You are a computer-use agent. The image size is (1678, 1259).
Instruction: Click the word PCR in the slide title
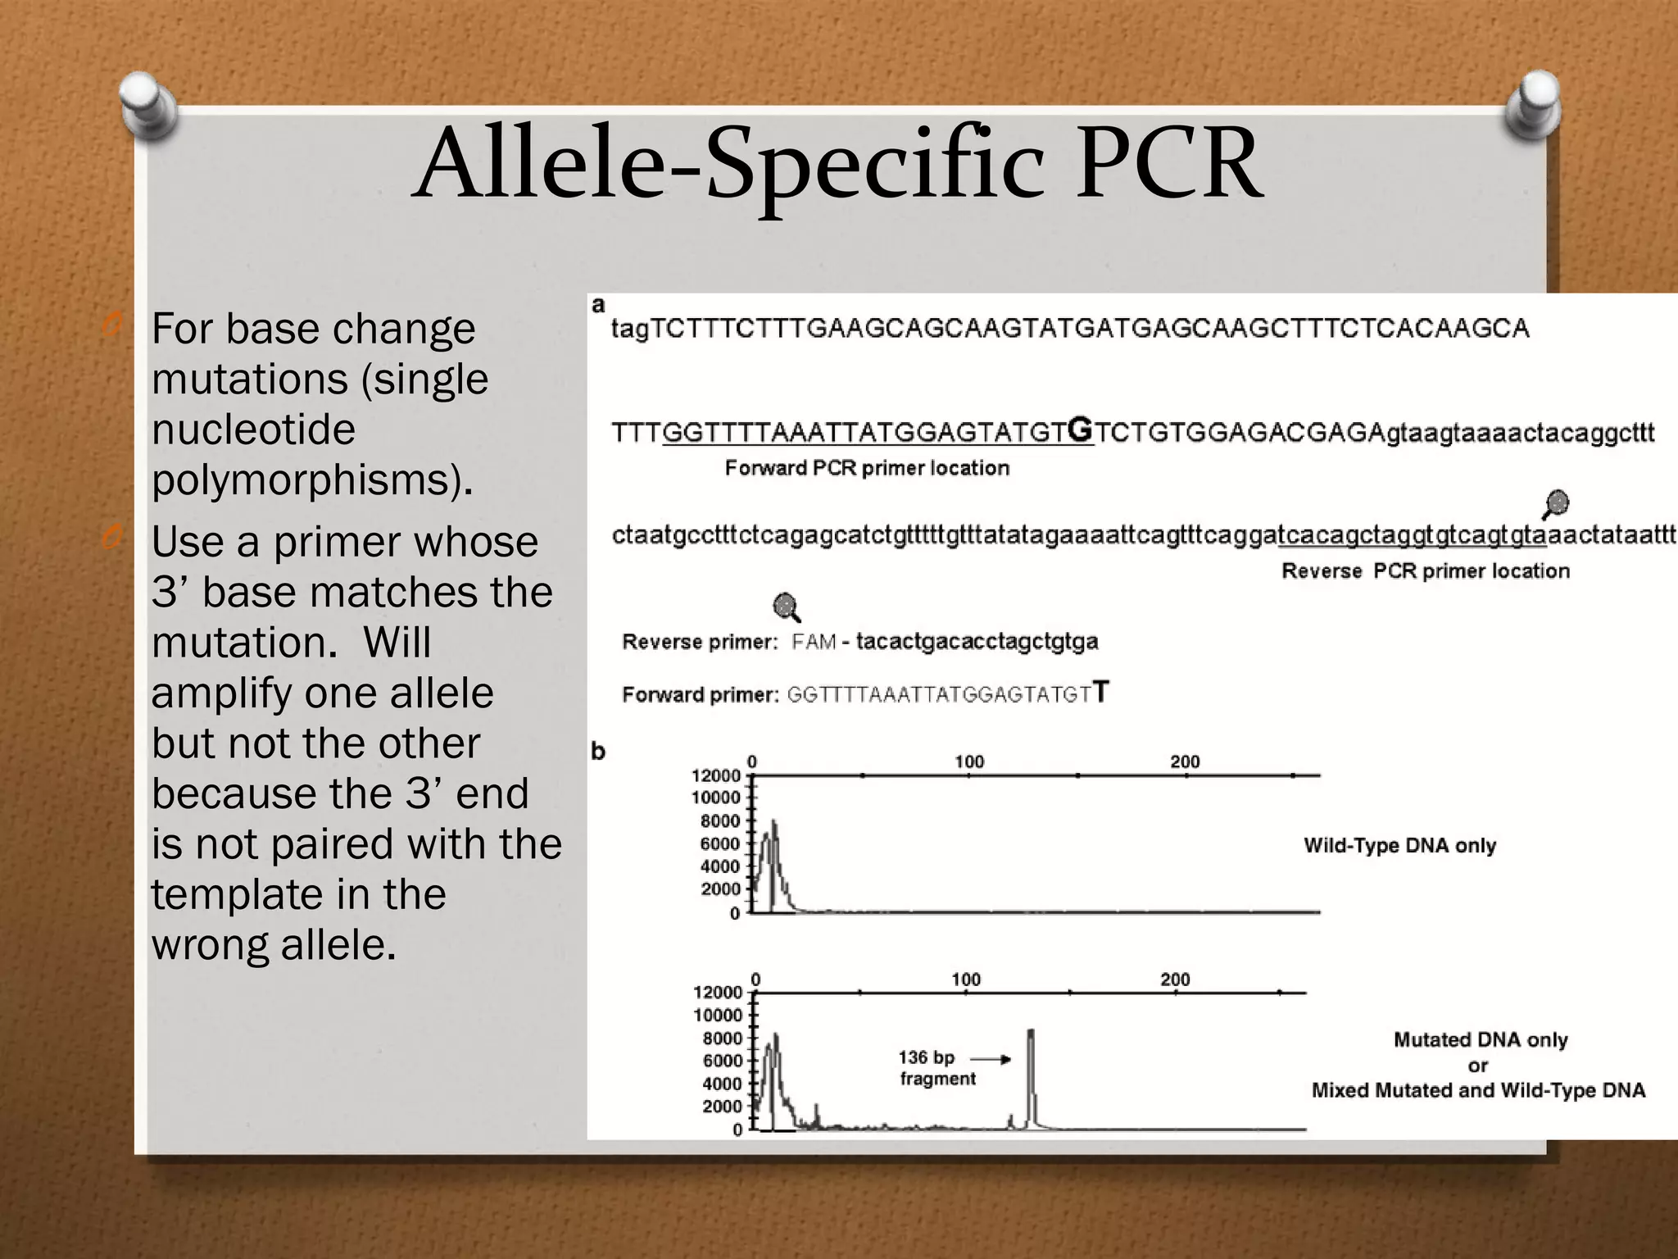(1169, 164)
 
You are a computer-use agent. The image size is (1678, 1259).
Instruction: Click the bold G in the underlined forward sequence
(1082, 429)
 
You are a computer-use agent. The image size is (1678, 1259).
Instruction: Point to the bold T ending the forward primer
(1101, 693)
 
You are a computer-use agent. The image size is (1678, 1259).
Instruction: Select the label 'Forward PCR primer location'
(867, 468)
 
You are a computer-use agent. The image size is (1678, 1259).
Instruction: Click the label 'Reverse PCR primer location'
(1425, 571)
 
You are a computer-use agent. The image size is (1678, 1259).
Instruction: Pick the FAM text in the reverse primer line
(813, 642)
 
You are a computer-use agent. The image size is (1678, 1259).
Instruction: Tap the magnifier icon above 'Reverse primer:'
(787, 607)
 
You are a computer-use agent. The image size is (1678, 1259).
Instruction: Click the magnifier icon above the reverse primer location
(1556, 504)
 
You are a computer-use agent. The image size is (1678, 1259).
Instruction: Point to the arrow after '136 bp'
(991, 1059)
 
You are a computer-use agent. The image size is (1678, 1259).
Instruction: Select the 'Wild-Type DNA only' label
(1399, 846)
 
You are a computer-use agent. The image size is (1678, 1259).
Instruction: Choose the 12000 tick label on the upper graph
(715, 775)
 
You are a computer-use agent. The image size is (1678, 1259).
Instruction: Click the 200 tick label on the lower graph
(1175, 979)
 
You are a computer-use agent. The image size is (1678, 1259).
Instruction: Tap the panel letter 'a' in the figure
(598, 306)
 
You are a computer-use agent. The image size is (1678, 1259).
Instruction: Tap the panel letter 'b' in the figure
(598, 751)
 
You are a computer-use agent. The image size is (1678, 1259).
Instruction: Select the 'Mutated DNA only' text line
(1480, 1040)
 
